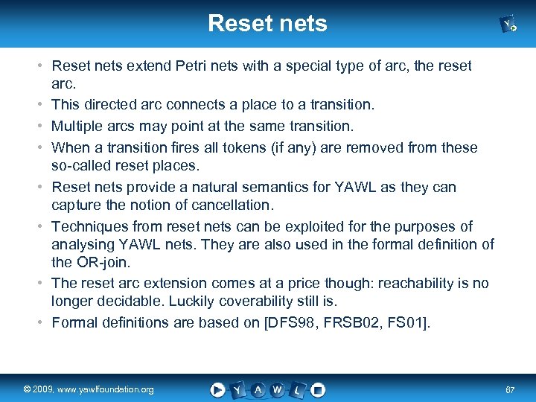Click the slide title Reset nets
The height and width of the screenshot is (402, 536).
pyautogui.click(x=267, y=23)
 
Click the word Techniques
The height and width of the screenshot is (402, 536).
pyautogui.click(x=86, y=226)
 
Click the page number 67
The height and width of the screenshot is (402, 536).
pyautogui.click(x=510, y=390)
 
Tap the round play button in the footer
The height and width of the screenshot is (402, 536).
pyautogui.click(x=217, y=389)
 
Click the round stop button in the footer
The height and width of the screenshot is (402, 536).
pyautogui.click(x=317, y=389)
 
